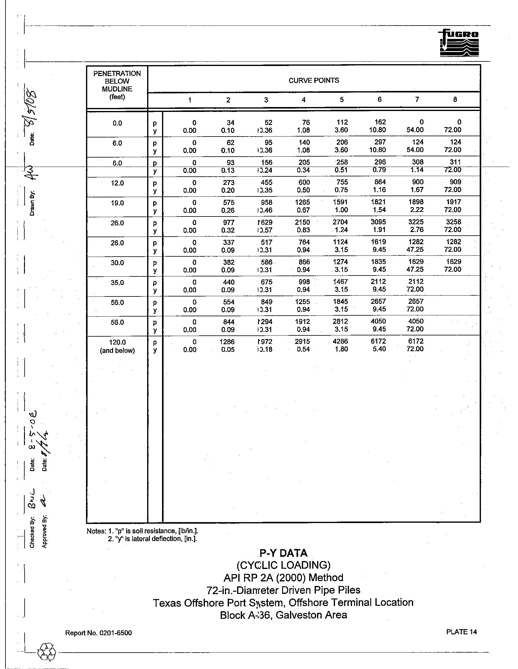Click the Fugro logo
pos(459,43)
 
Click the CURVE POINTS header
pos(313,81)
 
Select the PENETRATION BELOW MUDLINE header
pos(117,85)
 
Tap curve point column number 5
pos(341,99)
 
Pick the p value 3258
pos(454,222)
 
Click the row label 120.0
pos(117,342)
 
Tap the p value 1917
pos(454,202)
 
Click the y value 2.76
pos(416,230)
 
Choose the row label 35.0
pos(117,283)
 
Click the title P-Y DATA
pos(283,553)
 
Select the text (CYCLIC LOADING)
pos(283,565)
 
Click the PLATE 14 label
pos(461,632)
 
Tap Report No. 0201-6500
pos(98,633)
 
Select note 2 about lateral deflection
pos(152,539)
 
